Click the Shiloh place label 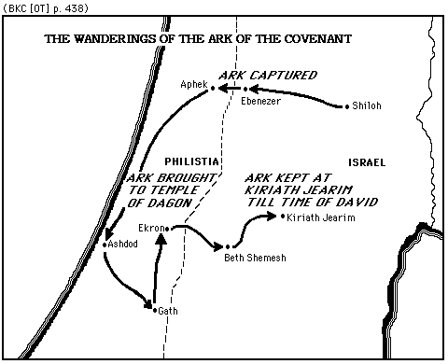(x=368, y=106)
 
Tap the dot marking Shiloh (x=349, y=106)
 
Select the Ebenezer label (x=260, y=100)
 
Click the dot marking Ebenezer (x=245, y=89)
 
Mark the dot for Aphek (x=213, y=88)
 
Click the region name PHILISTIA (x=191, y=161)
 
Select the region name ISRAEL (x=366, y=161)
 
